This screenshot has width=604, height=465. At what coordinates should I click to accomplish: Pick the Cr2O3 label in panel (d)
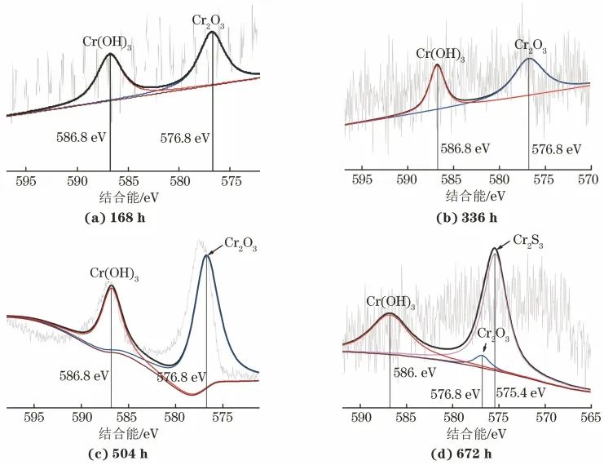coord(488,334)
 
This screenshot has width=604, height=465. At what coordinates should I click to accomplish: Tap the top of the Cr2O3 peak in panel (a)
coord(213,33)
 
